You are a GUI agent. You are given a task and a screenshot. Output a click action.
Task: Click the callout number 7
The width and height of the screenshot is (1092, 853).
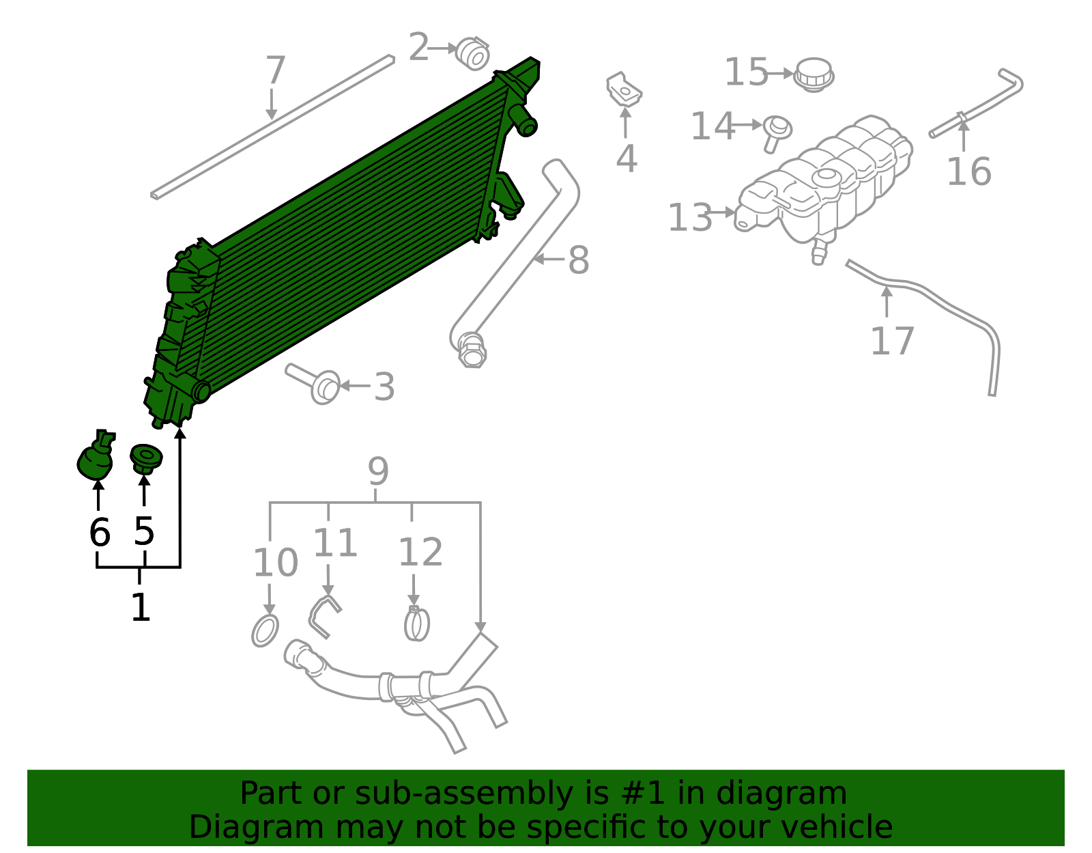coord(275,71)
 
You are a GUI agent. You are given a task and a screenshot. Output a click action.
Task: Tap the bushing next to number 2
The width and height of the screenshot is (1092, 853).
coord(472,54)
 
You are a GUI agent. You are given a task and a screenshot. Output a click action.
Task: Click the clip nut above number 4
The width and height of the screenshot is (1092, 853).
coord(624,89)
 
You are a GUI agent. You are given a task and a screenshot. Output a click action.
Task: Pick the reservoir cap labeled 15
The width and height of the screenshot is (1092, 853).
coord(814,74)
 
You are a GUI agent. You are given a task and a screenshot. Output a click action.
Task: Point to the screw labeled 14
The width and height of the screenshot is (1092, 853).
coord(776,132)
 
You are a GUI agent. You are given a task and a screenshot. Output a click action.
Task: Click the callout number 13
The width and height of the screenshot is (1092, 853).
coord(689,218)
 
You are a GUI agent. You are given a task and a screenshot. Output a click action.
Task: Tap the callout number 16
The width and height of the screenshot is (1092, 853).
coord(968,171)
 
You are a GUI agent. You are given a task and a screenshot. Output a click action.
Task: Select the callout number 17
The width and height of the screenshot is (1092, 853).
coord(892,341)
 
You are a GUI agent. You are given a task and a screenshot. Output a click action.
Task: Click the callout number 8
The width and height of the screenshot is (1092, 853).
coord(578,260)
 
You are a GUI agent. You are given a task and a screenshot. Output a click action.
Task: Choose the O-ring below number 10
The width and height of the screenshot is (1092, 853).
coord(265,630)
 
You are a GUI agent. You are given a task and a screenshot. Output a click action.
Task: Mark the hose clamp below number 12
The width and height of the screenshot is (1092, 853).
coord(416,624)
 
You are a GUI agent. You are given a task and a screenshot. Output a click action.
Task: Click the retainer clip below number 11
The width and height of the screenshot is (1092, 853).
coord(323,615)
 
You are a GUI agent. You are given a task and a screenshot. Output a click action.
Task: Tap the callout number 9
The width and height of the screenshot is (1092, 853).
coord(377,471)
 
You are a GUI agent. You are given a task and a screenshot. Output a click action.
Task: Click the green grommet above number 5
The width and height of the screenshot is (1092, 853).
coord(145,457)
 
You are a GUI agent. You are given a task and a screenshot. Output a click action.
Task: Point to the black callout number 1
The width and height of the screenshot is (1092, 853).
coord(140,607)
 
